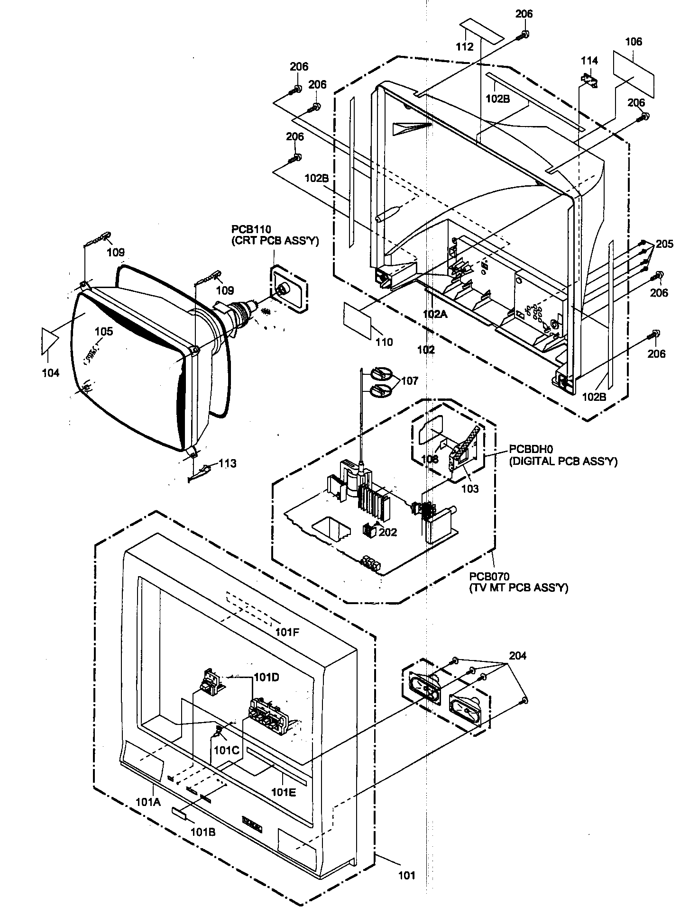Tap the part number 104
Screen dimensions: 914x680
[50, 373]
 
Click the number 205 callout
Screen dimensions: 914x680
[664, 244]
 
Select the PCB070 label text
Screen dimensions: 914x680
[489, 577]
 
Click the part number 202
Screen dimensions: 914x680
[387, 532]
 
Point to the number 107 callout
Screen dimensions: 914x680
[410, 380]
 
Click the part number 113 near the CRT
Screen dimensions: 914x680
[227, 463]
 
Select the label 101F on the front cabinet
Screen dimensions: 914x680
[288, 632]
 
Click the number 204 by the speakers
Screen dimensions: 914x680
[517, 656]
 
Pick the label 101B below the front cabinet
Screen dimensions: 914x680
[203, 832]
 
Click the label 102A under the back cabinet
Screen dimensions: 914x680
[435, 314]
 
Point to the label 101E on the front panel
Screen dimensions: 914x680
[284, 791]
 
